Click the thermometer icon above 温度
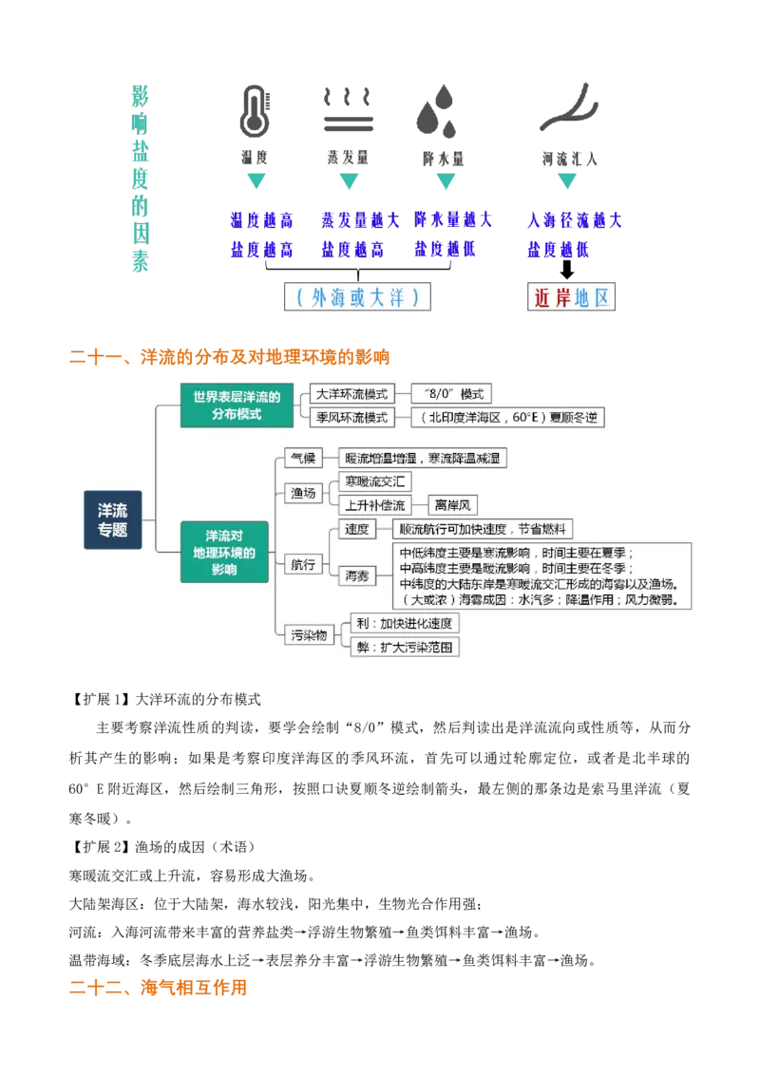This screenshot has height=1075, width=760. pos(256,111)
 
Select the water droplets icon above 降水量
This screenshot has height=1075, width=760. pos(436,111)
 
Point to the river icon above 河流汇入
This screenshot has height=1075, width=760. pos(569,107)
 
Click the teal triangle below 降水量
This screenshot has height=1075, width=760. pos(446,181)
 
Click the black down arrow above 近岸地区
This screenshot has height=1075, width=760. pos(566,270)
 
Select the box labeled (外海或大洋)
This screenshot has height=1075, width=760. pos(357,297)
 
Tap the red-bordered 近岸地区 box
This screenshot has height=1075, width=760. pos(571,297)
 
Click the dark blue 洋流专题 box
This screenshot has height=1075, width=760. pos(112,519)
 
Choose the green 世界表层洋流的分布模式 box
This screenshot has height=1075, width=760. pos(237,405)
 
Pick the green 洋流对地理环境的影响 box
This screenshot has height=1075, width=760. pos(224,552)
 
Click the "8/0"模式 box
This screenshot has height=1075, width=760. pos(451,393)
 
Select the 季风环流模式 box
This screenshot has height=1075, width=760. pos(351,417)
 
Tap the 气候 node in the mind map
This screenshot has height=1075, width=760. pos(303,458)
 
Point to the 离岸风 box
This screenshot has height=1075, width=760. pos(453,505)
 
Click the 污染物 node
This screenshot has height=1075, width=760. pos(309,635)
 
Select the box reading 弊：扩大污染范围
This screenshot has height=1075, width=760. pos(405,648)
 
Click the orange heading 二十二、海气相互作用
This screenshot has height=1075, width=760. pos(158,988)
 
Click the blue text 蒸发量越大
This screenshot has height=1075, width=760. pos(360,220)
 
